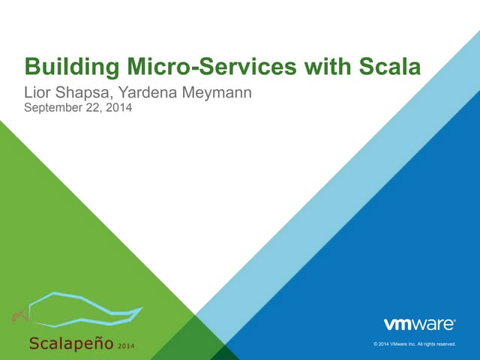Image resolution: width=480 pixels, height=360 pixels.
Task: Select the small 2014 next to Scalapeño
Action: tap(126, 345)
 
